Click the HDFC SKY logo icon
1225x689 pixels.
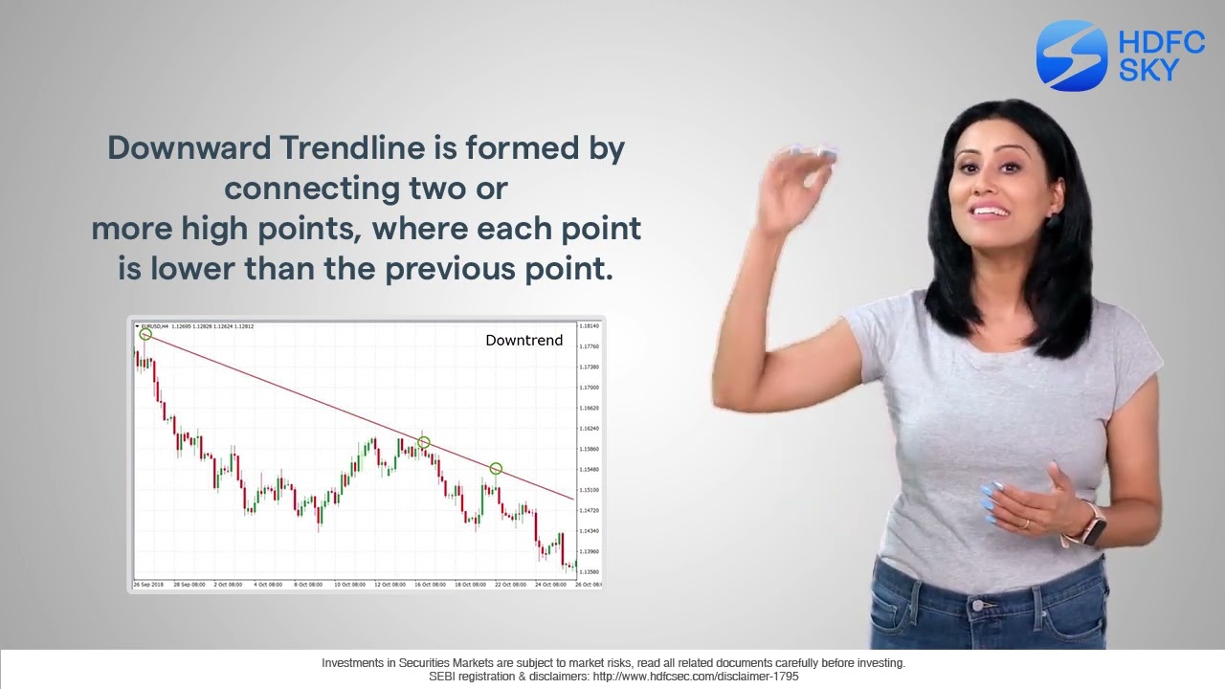(x=1071, y=56)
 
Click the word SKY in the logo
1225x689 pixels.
(x=1148, y=70)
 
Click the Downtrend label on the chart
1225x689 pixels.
(x=523, y=341)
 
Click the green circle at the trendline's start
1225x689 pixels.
(x=145, y=334)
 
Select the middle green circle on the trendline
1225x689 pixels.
(x=424, y=442)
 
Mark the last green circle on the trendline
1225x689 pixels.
(x=496, y=468)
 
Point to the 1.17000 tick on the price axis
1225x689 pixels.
(x=589, y=388)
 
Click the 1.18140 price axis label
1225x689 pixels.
(x=589, y=326)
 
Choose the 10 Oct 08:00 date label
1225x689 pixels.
(x=349, y=584)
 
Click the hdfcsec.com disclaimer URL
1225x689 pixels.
(x=696, y=677)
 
